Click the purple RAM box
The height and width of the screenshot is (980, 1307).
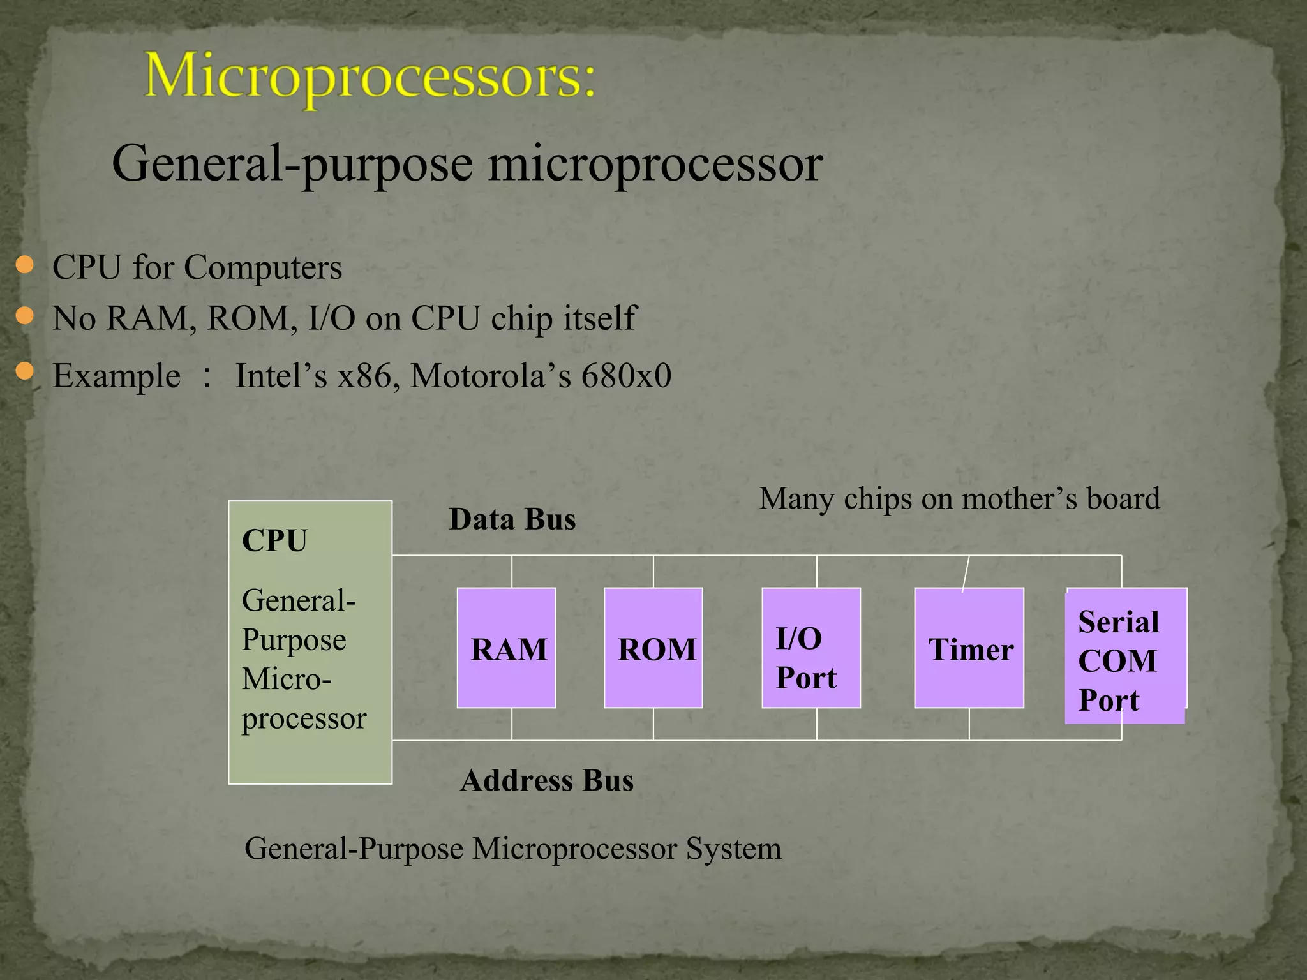506,648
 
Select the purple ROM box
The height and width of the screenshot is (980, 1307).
653,648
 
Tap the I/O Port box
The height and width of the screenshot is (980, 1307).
810,648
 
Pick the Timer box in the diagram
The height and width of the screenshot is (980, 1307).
969,648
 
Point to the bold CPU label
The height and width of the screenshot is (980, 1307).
274,541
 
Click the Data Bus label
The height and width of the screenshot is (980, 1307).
512,519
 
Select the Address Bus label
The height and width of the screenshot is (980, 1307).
547,781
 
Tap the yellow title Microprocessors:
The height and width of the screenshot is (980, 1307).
370,78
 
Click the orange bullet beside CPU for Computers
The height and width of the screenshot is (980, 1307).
24,265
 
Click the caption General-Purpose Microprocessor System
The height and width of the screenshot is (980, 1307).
512,849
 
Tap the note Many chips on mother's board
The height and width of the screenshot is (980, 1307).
959,498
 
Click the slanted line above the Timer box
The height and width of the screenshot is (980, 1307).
966,573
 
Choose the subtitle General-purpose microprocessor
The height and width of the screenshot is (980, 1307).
467,164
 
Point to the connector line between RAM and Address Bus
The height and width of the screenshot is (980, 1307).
512,724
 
